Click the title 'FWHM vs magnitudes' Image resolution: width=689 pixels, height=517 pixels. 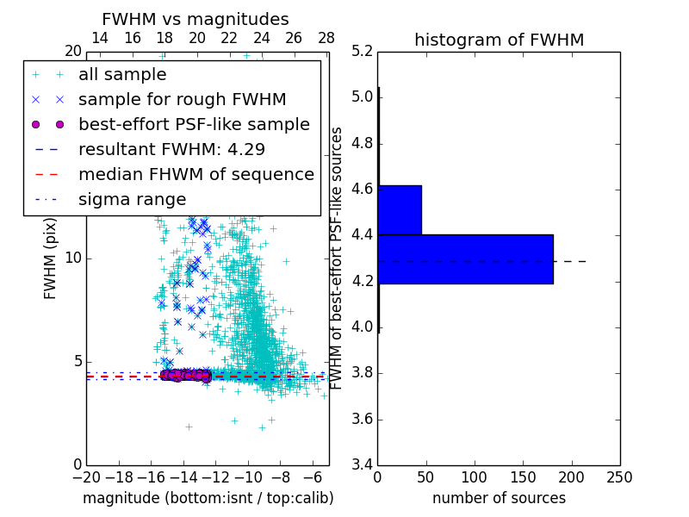(196, 19)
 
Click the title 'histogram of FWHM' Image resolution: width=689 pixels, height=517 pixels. (499, 40)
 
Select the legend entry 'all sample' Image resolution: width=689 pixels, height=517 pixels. (122, 75)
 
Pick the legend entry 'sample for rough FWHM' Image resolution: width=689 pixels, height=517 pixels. (182, 100)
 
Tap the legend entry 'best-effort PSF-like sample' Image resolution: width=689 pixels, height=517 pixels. (194, 124)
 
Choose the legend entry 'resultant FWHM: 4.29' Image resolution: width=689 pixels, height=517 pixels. (169, 149)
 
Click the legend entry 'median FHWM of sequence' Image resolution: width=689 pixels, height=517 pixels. (196, 174)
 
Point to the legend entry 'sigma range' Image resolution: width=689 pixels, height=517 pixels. (132, 199)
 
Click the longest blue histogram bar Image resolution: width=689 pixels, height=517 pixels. (465, 258)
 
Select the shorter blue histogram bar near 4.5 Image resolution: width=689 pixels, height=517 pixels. (400, 209)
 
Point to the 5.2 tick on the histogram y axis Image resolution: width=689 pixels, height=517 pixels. (362, 51)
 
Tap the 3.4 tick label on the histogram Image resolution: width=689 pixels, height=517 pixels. (362, 465)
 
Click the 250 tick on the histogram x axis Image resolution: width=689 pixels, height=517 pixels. (619, 477)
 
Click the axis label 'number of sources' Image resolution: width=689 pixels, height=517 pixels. (499, 498)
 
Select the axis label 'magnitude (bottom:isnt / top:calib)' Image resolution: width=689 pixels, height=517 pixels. (208, 498)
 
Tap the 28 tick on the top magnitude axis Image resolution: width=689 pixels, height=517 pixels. (326, 38)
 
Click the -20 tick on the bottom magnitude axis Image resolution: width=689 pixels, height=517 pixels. (84, 477)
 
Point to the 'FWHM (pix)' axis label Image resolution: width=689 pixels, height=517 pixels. (51, 258)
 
